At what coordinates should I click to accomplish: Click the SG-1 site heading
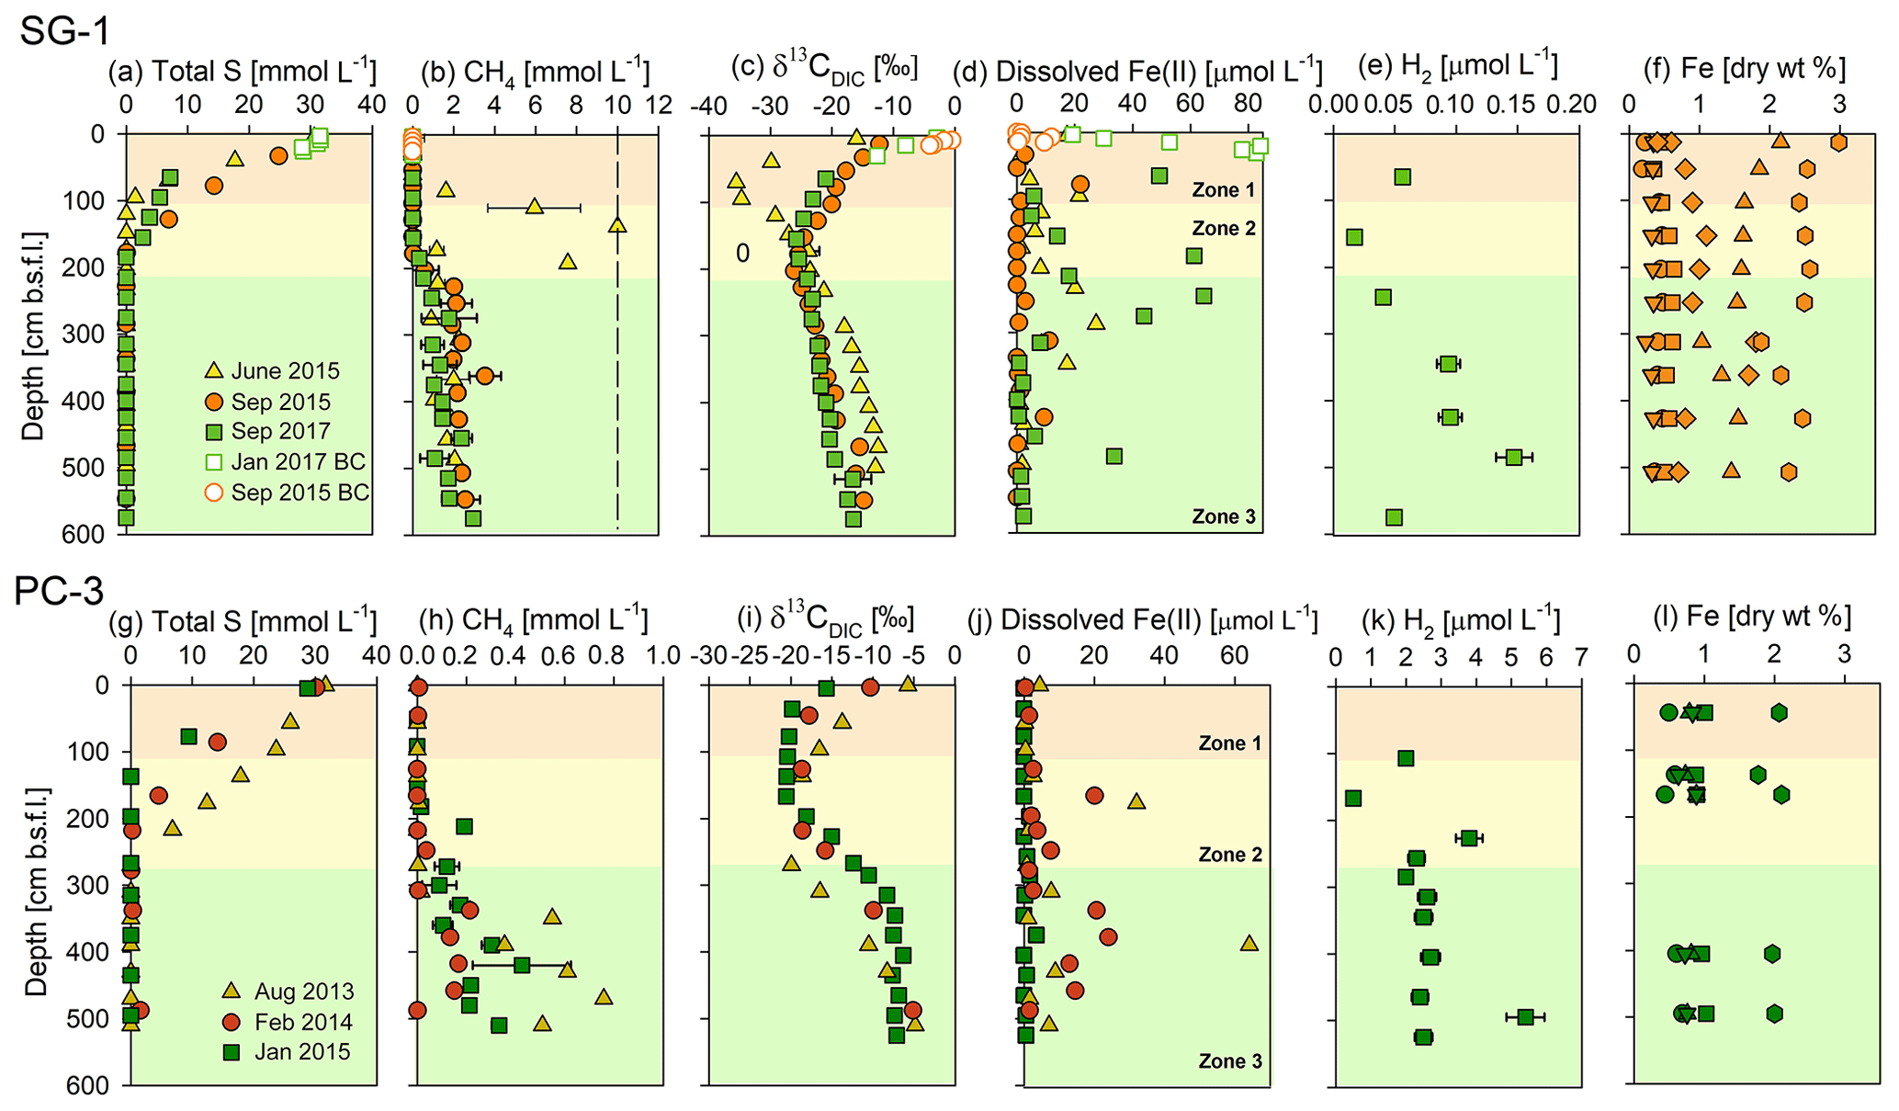coord(64,31)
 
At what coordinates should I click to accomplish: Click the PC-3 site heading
coord(59,592)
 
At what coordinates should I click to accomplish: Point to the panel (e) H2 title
coord(1457,66)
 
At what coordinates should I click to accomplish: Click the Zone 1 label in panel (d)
coord(1223,190)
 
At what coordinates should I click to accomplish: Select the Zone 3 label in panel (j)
coord(1230,1061)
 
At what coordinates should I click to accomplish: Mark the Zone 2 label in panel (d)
coord(1223,229)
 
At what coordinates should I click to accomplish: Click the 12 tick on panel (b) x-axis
coord(659,106)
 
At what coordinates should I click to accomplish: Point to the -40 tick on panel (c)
coord(707,106)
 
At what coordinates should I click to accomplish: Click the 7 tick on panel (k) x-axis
coord(1581,657)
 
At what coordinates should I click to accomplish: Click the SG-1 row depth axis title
coord(33,335)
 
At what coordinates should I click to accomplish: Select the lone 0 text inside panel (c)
coord(742,253)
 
